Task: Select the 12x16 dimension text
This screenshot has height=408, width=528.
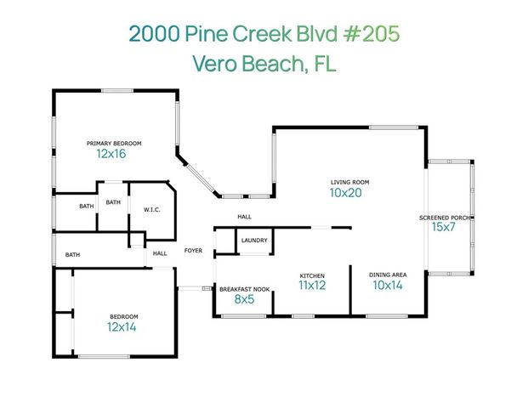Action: click(x=111, y=155)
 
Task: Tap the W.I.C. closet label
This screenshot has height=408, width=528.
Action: click(x=152, y=209)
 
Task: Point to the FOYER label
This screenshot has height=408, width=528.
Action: click(x=192, y=251)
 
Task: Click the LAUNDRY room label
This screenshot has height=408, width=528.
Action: click(x=254, y=241)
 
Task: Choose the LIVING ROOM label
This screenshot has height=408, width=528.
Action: click(x=349, y=182)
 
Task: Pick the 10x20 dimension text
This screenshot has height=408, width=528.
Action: click(x=346, y=194)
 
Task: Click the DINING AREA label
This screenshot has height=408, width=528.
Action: click(x=387, y=275)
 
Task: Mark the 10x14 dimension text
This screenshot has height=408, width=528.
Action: click(x=387, y=286)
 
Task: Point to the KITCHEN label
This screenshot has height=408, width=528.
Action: click(x=312, y=275)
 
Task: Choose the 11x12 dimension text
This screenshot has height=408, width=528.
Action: click(x=312, y=286)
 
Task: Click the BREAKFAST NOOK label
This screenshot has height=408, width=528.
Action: click(x=244, y=289)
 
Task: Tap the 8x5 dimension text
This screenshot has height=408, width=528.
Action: click(x=244, y=300)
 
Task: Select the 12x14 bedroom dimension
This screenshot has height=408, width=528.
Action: click(x=122, y=326)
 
